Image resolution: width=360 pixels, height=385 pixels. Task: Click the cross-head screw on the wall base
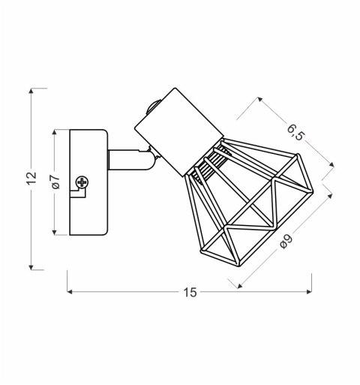[x=82, y=181]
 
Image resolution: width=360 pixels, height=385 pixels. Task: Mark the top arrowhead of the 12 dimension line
[x=31, y=92]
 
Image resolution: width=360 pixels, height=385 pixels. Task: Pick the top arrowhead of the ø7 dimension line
[x=55, y=132]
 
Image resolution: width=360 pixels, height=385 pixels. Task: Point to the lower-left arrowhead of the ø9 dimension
[x=239, y=285]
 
